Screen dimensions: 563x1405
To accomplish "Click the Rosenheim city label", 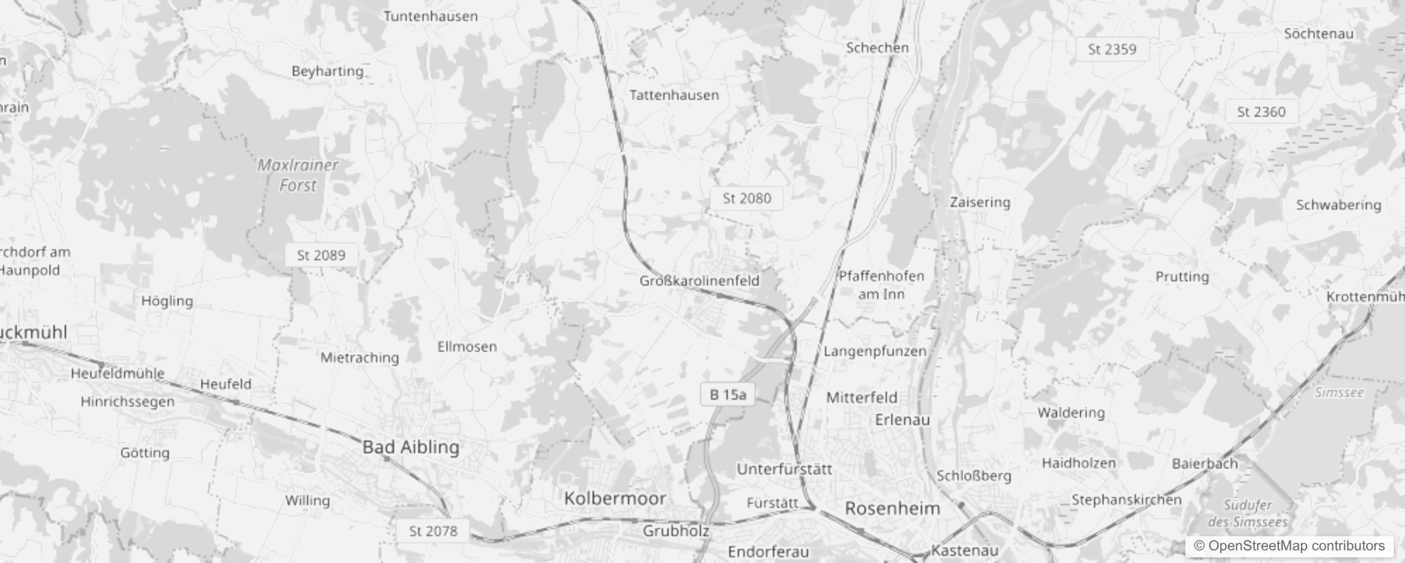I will pos(892,509).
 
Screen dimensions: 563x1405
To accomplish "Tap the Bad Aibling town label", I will pos(410,447).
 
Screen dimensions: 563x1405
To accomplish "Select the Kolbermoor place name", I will pos(615,498).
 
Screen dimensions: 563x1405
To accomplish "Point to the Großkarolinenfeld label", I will pos(699,281).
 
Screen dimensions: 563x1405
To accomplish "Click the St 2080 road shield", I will pos(747,198).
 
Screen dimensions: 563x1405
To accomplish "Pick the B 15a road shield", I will pos(727,394).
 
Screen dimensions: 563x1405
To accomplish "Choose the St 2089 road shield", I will pos(321,255).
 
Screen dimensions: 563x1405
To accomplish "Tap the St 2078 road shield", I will pos(433,531).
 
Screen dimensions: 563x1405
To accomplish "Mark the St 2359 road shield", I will pos(1112,49).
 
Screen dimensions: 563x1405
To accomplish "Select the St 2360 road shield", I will pos(1261,112).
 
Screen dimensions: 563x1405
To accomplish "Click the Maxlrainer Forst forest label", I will pos(298,175).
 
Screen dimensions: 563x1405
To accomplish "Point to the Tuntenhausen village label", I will pos(430,16).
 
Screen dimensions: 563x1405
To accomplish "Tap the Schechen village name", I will pos(877,48).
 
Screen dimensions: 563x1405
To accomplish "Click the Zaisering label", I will pos(980,202).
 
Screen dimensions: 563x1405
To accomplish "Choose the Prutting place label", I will pos(1182,277).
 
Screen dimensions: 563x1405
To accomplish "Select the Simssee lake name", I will pos(1339,393).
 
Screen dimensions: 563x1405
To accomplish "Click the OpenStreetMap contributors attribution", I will pos(1289,546).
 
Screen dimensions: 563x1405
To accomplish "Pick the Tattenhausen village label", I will pos(674,95).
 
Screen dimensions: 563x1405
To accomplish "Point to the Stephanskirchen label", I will pos(1126,500).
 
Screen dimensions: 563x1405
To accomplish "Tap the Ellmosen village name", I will pos(467,346).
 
